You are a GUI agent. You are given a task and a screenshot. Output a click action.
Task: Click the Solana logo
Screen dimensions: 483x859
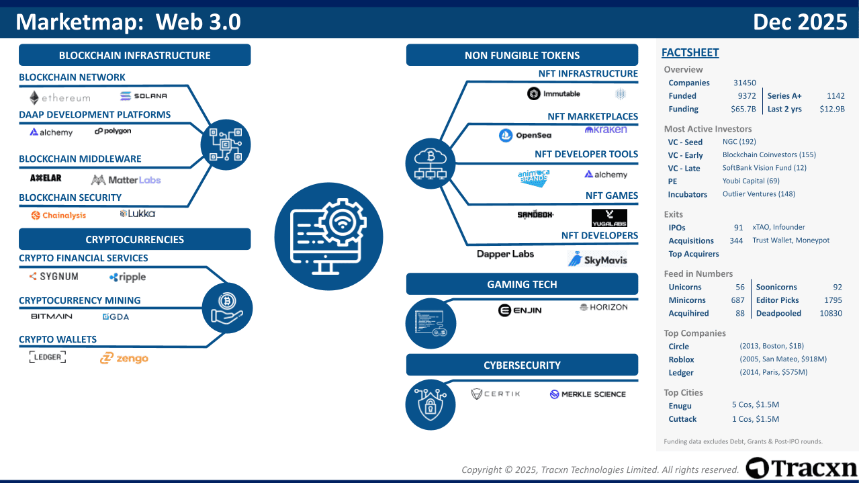144,96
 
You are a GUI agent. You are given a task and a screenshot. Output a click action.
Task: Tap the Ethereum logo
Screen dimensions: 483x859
60,98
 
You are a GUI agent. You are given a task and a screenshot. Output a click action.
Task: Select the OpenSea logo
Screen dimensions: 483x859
525,136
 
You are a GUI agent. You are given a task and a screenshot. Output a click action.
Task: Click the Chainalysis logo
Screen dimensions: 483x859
58,215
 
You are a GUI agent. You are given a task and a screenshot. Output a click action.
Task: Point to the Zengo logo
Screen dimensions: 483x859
124,358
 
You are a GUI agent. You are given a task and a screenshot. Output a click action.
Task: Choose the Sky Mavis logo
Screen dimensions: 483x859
597,259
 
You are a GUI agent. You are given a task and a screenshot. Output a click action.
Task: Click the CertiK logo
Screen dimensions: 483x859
496,394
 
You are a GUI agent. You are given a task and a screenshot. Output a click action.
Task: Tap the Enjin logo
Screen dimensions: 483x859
520,310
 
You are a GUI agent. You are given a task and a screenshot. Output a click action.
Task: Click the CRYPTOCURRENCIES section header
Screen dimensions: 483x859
134,239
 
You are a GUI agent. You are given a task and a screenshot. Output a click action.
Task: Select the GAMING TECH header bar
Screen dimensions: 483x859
522,284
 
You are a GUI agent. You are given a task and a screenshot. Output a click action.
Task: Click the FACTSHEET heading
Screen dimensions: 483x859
690,52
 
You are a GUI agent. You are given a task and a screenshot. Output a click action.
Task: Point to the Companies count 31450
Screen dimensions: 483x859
744,83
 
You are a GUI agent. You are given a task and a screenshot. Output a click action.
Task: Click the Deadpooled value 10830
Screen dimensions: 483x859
830,313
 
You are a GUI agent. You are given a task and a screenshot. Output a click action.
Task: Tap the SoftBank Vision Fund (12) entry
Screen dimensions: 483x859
764,168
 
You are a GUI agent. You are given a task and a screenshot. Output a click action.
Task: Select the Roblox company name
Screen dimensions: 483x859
681,359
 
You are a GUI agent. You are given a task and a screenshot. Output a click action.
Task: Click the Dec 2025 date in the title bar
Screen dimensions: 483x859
800,22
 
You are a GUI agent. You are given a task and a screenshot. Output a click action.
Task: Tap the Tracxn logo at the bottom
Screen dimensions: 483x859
801,468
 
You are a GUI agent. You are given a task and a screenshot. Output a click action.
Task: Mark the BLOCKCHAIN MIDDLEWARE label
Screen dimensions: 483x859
80,159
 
